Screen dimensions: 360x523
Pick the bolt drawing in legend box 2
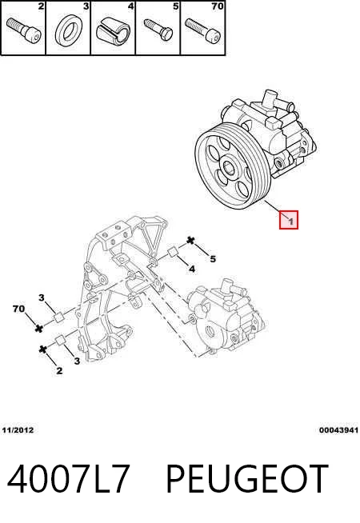click(23, 30)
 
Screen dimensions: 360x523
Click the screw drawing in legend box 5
click(158, 30)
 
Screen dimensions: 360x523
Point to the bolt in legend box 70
click(202, 30)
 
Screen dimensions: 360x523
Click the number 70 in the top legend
click(218, 6)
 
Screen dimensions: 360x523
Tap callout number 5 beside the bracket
click(213, 258)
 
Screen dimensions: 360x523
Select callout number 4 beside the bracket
click(192, 268)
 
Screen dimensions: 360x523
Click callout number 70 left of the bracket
click(19, 309)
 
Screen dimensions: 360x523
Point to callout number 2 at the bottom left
click(59, 370)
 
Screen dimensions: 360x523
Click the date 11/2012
click(18, 430)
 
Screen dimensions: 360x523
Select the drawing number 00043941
click(338, 430)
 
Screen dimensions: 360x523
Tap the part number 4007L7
click(68, 479)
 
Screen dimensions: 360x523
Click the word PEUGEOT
click(247, 479)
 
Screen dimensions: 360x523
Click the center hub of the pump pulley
click(230, 166)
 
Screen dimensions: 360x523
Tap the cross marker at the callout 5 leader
click(190, 240)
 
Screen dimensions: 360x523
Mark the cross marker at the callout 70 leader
click(39, 328)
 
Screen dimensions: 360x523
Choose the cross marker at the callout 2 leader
click(42, 349)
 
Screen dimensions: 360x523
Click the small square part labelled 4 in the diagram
click(173, 252)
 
